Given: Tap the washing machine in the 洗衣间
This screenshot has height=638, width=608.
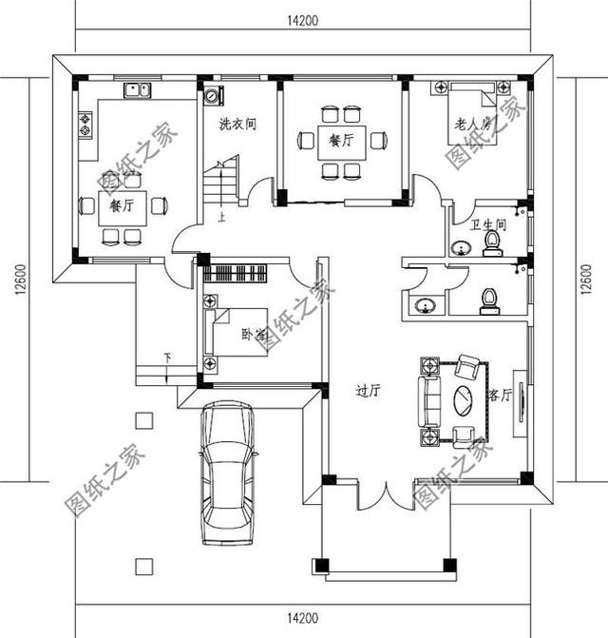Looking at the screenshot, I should tap(211, 95).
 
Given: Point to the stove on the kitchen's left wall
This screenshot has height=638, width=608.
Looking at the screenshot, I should tap(84, 124).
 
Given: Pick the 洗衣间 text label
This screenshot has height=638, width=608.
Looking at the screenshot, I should tap(237, 124).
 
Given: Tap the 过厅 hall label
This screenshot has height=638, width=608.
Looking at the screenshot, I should tap(368, 389).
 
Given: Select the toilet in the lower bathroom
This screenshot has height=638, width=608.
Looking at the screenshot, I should tap(489, 300).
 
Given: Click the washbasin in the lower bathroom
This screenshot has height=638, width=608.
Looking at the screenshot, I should tap(424, 305).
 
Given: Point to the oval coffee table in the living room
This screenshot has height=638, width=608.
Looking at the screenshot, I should tap(465, 398).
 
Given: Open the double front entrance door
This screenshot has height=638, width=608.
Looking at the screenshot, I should tap(384, 496).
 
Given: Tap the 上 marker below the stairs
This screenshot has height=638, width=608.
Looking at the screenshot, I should tap(221, 217).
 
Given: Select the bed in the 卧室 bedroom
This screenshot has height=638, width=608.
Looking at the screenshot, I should tap(237, 332).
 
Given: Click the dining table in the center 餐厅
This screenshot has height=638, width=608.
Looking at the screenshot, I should tap(342, 141).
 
